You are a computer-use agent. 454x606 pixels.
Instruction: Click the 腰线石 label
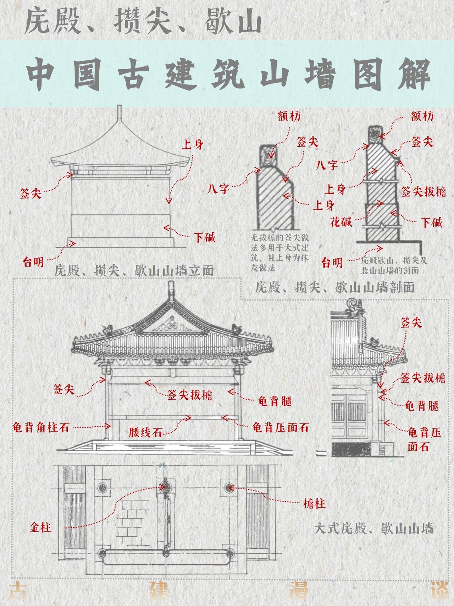coord(145,433)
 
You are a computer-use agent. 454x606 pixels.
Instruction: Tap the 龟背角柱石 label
coord(41,427)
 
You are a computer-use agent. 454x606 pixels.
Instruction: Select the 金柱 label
coord(41,527)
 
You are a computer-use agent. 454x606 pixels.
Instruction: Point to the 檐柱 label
coord(314,503)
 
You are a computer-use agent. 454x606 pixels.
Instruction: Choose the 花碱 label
coord(341,222)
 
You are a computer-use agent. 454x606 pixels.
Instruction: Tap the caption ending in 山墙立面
coord(134,271)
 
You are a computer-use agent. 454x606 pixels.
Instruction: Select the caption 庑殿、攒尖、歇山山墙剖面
coord(335,287)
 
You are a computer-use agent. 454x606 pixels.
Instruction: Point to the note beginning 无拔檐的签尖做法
coord(280,252)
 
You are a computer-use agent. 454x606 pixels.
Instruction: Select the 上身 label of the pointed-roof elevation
coord(192,145)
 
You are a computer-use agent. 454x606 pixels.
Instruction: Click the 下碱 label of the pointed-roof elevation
coord(205,237)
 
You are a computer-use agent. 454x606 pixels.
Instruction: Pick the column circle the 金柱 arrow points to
coord(164,487)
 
